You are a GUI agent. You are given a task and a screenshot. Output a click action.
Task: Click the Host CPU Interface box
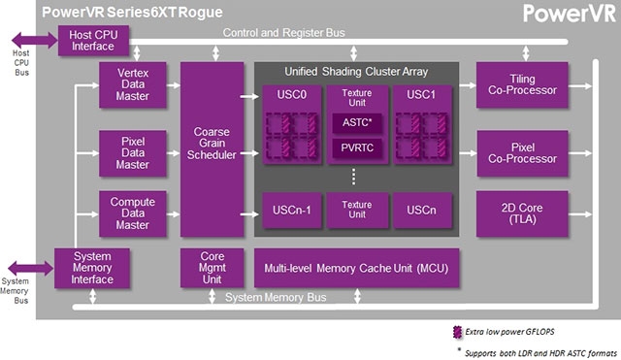tap(93, 41)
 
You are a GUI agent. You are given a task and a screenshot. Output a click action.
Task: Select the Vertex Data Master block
tap(133, 84)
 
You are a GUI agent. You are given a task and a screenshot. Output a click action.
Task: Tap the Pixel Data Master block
tap(133, 153)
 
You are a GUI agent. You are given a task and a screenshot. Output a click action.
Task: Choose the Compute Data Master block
tap(133, 213)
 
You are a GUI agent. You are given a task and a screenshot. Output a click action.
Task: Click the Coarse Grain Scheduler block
tap(212, 149)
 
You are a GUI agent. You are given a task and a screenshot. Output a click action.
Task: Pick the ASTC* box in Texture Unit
tap(357, 123)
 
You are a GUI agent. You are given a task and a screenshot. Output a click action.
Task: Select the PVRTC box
tap(357, 148)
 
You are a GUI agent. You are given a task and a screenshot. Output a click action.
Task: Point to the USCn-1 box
tap(291, 211)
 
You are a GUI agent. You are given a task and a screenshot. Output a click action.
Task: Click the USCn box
tap(422, 211)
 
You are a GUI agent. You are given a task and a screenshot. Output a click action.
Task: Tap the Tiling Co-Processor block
tap(522, 84)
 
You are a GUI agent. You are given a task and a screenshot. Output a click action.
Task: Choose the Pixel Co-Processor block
tap(522, 153)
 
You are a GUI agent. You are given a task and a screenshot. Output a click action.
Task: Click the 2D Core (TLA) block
tap(522, 213)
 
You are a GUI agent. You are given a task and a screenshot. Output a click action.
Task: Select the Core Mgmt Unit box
tap(212, 268)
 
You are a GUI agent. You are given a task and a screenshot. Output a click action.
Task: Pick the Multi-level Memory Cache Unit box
tap(356, 268)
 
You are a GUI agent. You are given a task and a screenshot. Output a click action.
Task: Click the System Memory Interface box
tap(92, 268)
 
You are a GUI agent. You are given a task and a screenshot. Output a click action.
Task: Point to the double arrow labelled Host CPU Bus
tap(35, 40)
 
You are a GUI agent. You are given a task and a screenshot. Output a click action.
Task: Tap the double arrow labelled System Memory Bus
tap(31, 269)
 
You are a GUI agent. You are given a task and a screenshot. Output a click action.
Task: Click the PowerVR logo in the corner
tap(570, 14)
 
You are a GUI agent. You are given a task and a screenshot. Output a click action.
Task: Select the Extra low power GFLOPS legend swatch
tap(457, 332)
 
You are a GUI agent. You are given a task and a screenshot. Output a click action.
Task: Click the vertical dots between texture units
tap(353, 177)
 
